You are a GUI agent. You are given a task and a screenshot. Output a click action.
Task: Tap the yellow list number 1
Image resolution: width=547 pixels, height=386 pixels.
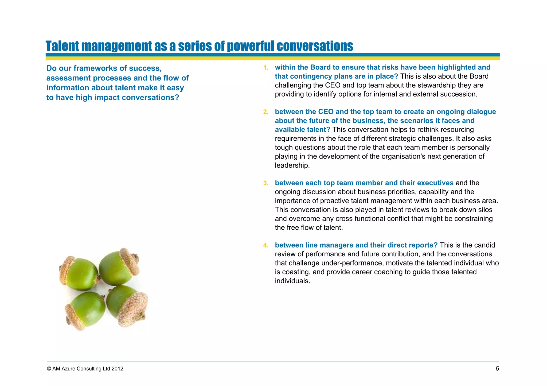(x=265, y=68)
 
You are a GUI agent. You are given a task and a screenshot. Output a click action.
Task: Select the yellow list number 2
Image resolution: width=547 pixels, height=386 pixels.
(x=265, y=112)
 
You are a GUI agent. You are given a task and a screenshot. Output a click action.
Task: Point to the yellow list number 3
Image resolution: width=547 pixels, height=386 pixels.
(x=265, y=183)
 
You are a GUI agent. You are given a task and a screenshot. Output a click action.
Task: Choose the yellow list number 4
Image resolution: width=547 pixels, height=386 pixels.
(x=265, y=245)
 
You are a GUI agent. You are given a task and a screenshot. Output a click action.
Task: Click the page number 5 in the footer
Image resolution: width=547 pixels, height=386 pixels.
(x=497, y=369)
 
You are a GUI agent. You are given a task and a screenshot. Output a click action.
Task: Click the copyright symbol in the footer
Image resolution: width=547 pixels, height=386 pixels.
(x=49, y=369)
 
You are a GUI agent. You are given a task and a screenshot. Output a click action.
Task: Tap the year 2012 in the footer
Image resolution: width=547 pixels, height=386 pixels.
(x=118, y=369)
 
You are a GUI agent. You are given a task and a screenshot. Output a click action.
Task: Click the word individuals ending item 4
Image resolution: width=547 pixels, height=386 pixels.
(x=292, y=281)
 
